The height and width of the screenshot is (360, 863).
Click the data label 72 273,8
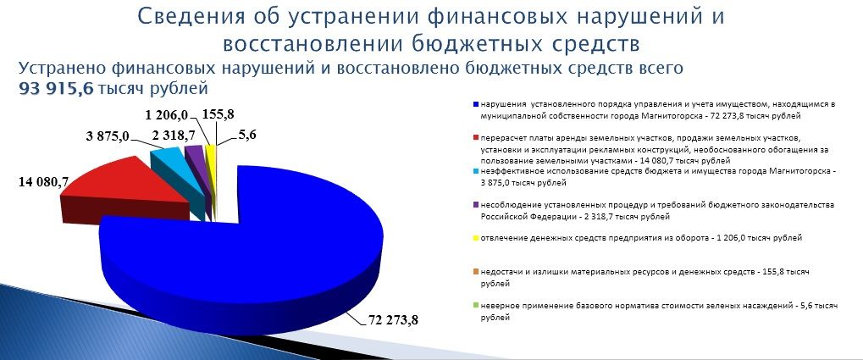390,319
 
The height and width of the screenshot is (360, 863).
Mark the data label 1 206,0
168,114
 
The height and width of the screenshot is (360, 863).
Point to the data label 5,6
247,136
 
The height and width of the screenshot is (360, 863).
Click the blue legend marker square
475,104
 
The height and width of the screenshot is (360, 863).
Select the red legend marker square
475,137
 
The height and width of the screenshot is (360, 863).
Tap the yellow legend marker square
475,238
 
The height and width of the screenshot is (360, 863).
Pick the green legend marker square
475,306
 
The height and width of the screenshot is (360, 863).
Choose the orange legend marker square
475,273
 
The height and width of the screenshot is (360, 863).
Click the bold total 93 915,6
57,89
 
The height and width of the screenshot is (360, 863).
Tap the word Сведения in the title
191,16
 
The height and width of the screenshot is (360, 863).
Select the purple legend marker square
475,205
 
